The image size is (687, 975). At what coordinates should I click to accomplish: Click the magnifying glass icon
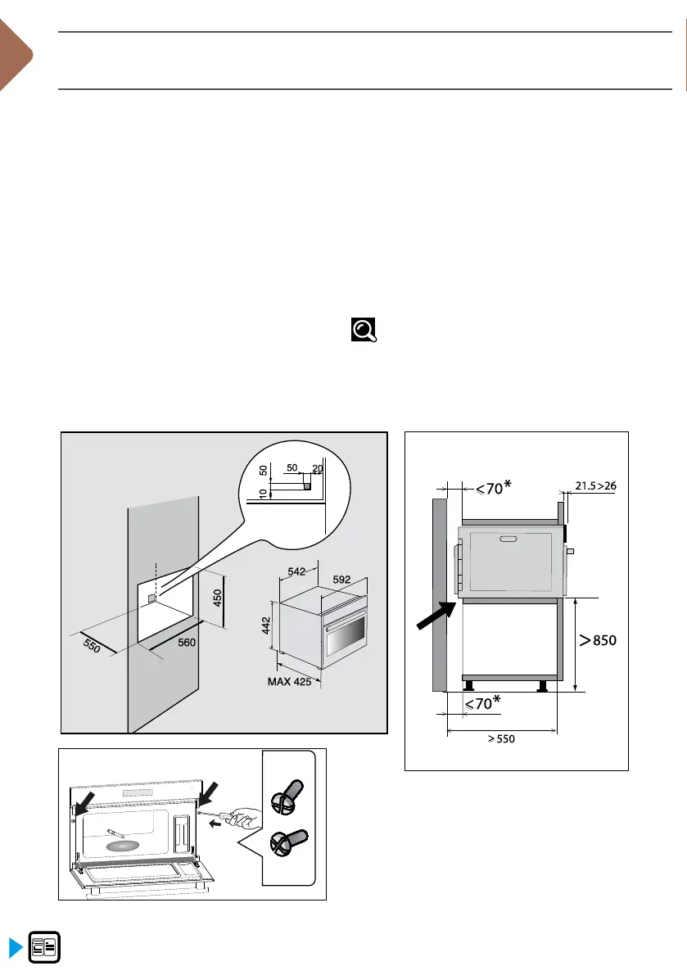364,330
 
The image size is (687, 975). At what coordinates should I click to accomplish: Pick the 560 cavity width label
186,643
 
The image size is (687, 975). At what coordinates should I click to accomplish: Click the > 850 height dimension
598,641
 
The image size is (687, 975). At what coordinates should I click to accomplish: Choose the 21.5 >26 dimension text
595,485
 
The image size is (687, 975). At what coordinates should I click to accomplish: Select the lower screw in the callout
288,843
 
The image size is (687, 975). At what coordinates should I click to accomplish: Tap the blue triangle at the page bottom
14,948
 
